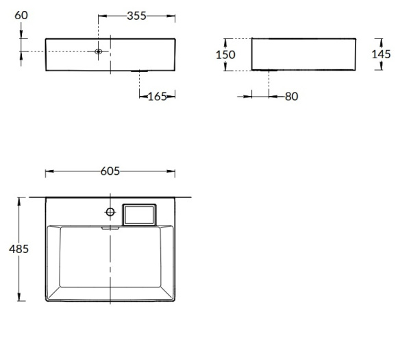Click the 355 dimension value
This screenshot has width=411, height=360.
click(136, 16)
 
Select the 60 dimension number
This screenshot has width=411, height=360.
click(21, 15)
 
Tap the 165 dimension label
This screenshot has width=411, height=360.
click(158, 97)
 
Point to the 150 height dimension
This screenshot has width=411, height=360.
click(225, 55)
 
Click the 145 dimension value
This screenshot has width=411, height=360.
click(381, 54)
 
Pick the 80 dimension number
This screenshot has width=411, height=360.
click(292, 96)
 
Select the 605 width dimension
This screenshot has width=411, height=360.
click(110, 171)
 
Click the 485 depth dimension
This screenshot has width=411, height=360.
click(18, 249)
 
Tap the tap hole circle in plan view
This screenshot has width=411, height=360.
click(110, 212)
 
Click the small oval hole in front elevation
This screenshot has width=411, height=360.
click(98, 51)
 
